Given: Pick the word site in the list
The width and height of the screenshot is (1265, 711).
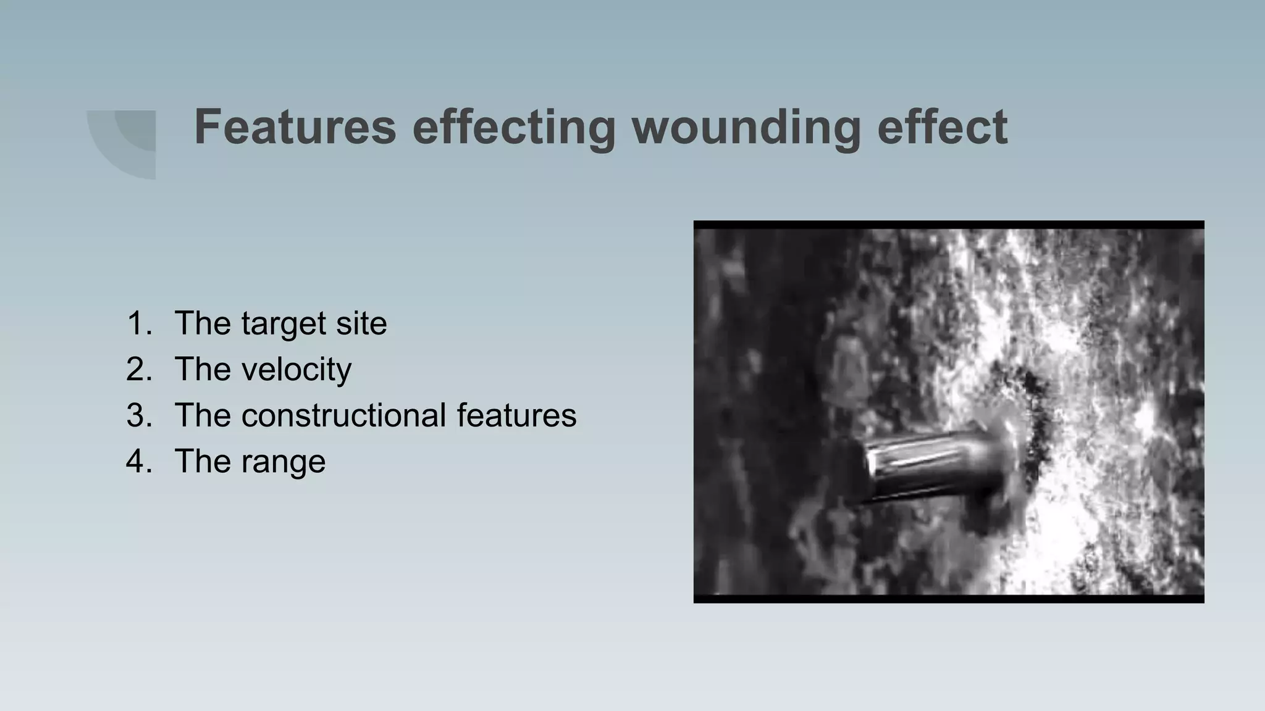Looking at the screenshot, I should click(361, 323).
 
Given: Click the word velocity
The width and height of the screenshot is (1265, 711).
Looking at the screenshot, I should click(296, 370).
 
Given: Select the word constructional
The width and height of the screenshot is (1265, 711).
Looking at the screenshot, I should click(343, 415).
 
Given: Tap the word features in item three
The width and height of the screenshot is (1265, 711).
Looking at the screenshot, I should click(516, 415).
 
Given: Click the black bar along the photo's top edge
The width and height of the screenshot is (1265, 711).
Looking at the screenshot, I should click(948, 225).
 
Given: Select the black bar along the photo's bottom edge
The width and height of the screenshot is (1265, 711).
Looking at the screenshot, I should click(948, 599).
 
